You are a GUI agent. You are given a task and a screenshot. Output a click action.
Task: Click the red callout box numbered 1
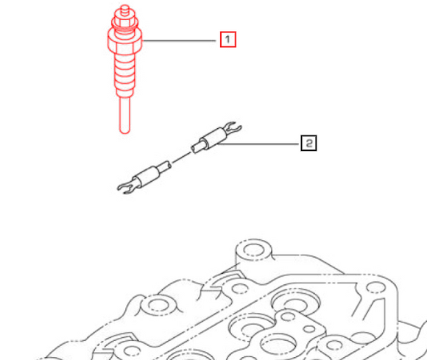click(227, 38)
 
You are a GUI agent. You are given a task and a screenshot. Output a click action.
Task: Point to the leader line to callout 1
click(180, 38)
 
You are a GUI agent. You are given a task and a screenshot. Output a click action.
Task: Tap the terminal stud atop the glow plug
click(123, 10)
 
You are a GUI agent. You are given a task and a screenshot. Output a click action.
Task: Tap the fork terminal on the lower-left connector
click(126, 187)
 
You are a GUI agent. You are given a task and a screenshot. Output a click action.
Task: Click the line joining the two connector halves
click(181, 158)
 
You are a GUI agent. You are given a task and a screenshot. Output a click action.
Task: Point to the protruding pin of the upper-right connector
click(197, 146)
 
